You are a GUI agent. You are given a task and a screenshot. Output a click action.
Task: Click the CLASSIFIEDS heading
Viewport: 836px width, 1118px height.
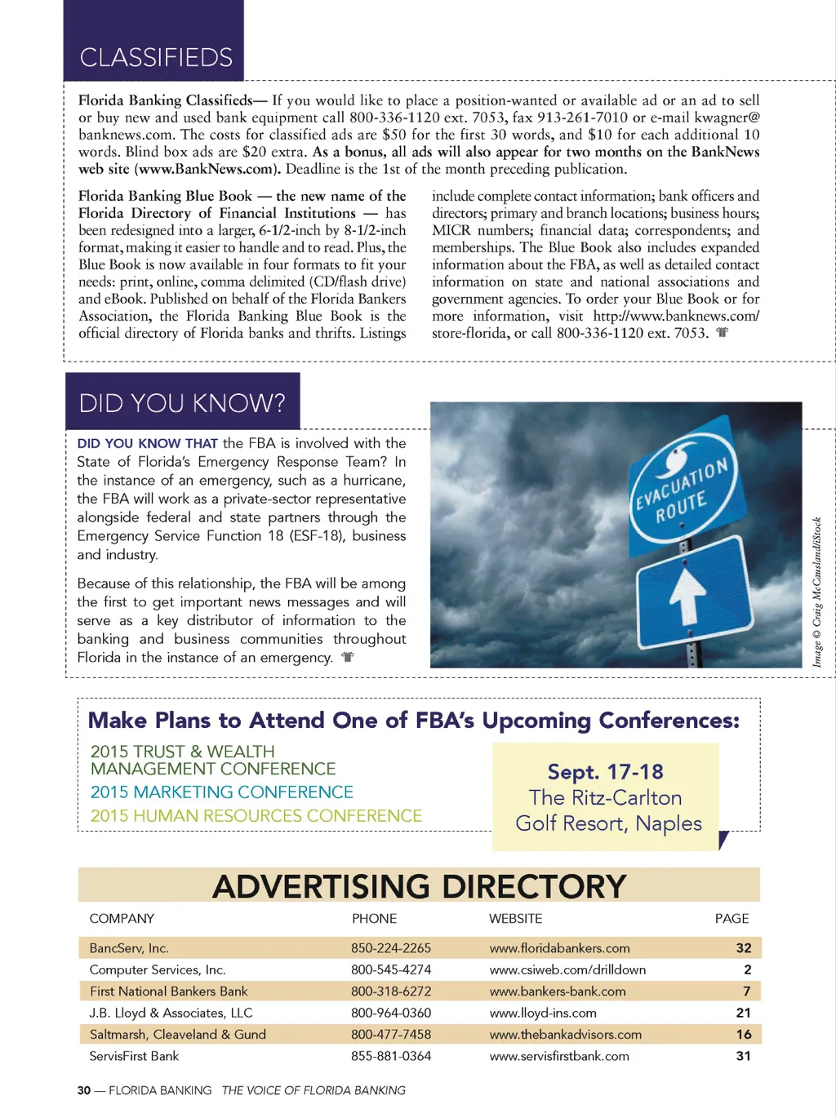tap(156, 57)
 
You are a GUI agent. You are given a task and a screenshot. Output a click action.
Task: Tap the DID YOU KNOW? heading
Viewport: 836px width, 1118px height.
tap(182, 403)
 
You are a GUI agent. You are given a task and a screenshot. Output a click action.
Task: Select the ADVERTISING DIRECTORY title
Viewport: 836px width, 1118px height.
tap(419, 886)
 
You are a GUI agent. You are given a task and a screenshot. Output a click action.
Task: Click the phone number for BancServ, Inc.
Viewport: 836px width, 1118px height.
tap(391, 948)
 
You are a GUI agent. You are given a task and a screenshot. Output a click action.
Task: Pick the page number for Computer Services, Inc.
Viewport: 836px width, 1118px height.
tap(747, 969)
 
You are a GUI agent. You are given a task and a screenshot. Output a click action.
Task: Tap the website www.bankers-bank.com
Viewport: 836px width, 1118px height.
tap(558, 992)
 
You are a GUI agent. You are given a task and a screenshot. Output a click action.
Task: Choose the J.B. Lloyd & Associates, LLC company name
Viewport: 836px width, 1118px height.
tap(171, 1013)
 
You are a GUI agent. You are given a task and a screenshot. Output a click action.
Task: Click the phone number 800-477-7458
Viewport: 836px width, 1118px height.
tap(391, 1035)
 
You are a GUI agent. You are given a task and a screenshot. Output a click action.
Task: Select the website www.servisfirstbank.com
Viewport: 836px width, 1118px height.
tap(559, 1056)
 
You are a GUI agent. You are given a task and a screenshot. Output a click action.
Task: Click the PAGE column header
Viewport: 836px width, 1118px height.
tap(731, 919)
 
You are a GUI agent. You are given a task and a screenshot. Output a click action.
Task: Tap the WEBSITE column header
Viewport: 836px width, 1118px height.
tap(515, 919)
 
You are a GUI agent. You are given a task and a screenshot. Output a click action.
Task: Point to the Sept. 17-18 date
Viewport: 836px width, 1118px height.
tap(605, 772)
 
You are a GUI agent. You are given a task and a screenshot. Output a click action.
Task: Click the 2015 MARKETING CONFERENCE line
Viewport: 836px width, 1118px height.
tap(222, 792)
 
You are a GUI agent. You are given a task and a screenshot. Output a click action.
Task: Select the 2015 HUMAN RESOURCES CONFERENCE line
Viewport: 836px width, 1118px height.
tap(256, 816)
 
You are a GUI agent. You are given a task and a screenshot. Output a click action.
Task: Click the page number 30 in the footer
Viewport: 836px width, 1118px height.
tap(84, 1090)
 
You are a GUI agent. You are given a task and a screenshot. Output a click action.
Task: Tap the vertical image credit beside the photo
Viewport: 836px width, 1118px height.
tap(816, 592)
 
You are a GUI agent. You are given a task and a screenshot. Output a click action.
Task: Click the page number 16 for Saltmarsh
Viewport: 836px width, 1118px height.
tap(744, 1035)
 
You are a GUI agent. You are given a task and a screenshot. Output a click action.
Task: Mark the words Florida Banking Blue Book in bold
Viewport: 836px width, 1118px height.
tap(165, 196)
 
